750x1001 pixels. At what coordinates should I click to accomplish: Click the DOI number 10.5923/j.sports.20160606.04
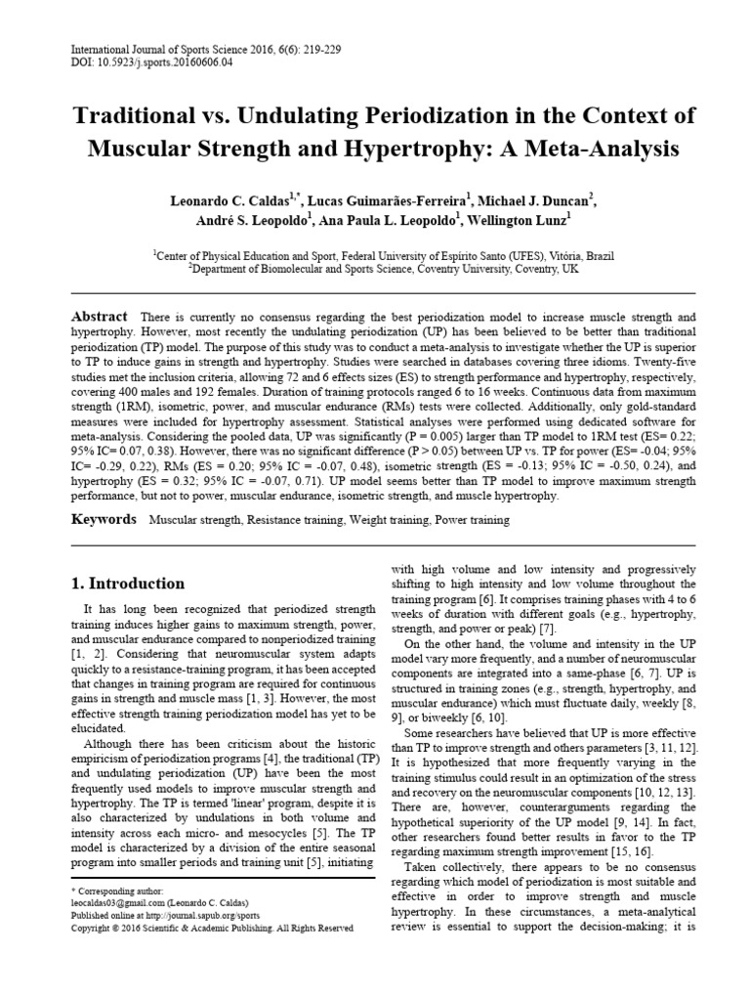click(152, 62)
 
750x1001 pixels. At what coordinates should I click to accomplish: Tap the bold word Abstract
click(100, 317)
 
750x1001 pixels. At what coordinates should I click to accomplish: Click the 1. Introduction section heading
click(129, 584)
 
